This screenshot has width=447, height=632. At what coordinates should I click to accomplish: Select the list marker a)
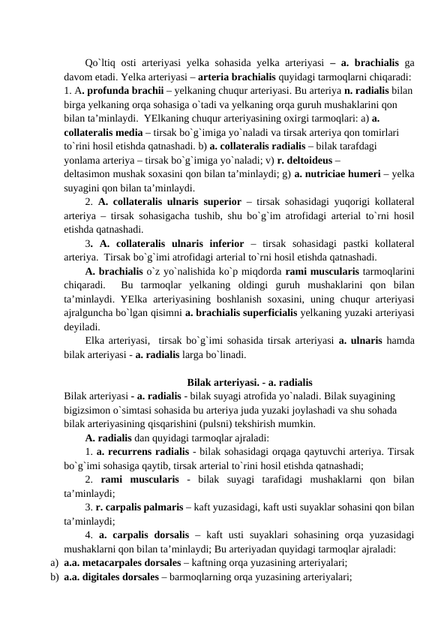click(x=54, y=561)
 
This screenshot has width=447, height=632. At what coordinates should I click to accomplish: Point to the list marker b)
click(x=54, y=576)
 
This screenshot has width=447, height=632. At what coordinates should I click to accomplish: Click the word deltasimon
click(x=91, y=174)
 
